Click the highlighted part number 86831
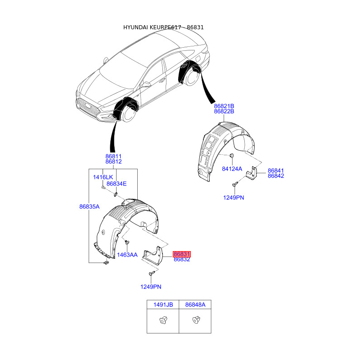pyautogui.click(x=182, y=254)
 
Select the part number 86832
pyautogui.click(x=182, y=260)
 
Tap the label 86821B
pyautogui.click(x=224, y=106)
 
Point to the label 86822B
pyautogui.click(x=224, y=111)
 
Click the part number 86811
pyautogui.click(x=114, y=156)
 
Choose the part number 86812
pyautogui.click(x=114, y=162)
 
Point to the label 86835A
pyautogui.click(x=89, y=207)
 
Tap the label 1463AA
pyautogui.click(x=127, y=255)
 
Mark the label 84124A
pyautogui.click(x=232, y=169)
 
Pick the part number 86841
pyautogui.click(x=276, y=171)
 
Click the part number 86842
pyautogui.click(x=276, y=176)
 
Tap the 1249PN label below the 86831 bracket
pyautogui.click(x=150, y=287)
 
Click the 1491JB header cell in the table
pyautogui.click(x=163, y=305)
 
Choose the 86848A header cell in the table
pyautogui.click(x=195, y=305)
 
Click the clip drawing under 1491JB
pyautogui.click(x=163, y=321)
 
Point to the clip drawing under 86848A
pyautogui.click(x=195, y=320)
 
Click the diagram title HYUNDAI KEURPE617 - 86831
pyautogui.click(x=164, y=27)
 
